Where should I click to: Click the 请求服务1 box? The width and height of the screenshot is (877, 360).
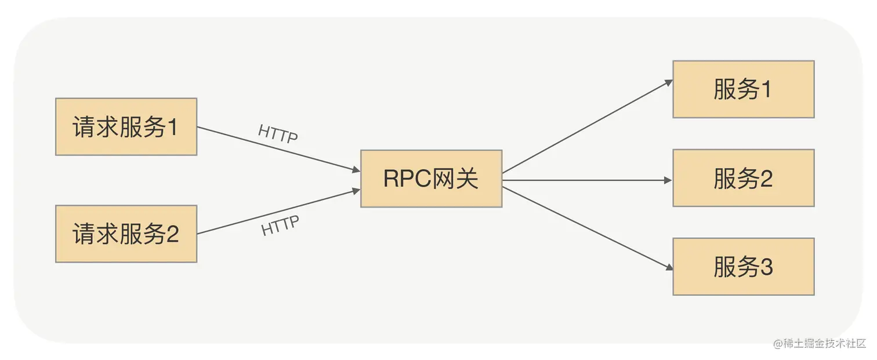tap(126, 127)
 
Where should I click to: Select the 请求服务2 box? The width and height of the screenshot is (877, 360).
tap(126, 234)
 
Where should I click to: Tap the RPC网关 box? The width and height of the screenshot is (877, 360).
tap(431, 179)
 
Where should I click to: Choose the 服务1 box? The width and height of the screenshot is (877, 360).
tap(743, 89)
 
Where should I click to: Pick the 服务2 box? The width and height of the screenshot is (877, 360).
tap(743, 179)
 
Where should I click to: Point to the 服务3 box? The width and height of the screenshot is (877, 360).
tap(743, 267)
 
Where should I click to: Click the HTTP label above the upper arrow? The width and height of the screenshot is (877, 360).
tap(278, 134)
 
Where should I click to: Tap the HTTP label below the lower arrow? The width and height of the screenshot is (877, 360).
tap(280, 226)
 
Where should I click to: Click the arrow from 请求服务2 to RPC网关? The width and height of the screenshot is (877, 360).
tap(278, 212)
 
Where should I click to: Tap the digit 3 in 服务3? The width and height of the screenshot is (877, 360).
tap(766, 267)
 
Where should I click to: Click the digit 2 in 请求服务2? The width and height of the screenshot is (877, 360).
tap(172, 234)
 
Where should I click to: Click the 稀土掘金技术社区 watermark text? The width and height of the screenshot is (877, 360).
tap(824, 343)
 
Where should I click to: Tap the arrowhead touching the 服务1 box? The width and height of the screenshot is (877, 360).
tap(668, 82)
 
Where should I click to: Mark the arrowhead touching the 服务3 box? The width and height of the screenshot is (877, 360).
tap(668, 268)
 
